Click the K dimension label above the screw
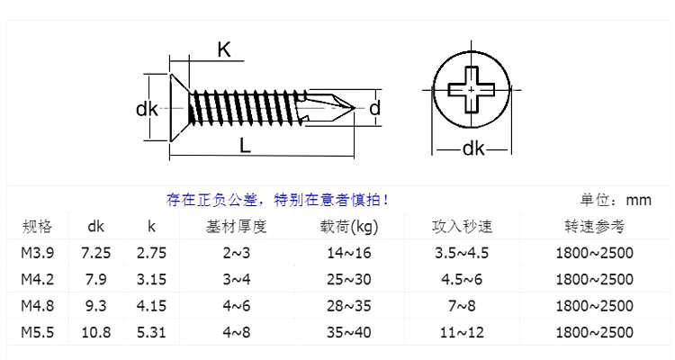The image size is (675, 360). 224,50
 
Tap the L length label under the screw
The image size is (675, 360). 245,145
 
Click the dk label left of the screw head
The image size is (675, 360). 147,110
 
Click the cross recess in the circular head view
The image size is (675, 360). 472,92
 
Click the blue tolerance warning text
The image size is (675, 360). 278,200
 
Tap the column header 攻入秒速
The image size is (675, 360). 463,226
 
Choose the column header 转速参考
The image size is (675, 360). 595,226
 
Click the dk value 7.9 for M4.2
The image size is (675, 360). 96,279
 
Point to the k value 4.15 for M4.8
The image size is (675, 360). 151,306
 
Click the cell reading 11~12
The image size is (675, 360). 463,332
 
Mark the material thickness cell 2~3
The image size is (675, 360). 237,253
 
